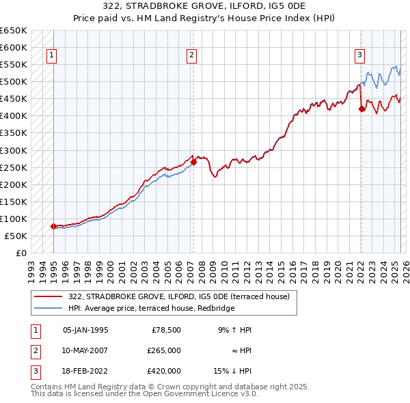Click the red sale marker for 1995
coord(53,226)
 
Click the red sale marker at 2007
coord(193,162)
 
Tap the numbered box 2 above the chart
coord(192,56)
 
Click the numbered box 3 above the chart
coord(359,56)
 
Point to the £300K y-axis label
coord(14,150)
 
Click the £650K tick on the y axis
coord(14,31)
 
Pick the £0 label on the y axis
coord(22,253)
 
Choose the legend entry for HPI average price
coord(151,309)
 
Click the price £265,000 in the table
coord(163,350)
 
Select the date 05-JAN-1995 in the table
coord(85,330)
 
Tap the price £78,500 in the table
coord(165,330)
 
